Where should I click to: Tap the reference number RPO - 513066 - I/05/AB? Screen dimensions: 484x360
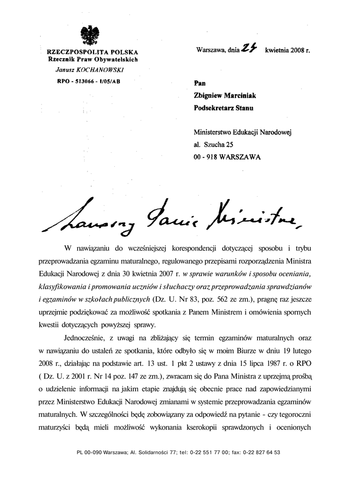(88, 81)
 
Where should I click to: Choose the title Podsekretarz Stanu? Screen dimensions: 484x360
(223, 108)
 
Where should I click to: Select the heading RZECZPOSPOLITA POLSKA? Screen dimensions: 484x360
(92, 51)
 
